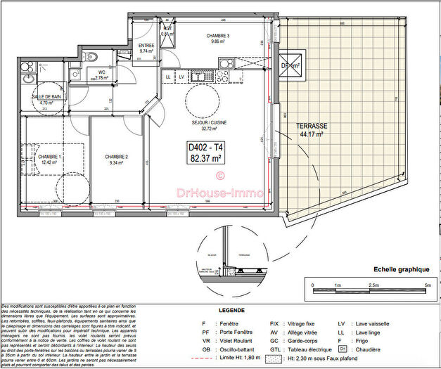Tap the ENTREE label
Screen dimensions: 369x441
tap(146, 46)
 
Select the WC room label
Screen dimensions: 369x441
tap(102, 72)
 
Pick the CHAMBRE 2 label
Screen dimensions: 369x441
tap(115, 157)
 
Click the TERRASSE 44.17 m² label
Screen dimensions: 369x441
tap(309, 129)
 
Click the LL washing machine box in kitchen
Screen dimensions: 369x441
tap(169, 76)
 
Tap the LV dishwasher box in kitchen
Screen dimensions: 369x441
tap(181, 76)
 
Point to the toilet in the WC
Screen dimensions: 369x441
tap(88, 56)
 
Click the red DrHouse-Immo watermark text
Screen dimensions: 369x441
tap(219, 192)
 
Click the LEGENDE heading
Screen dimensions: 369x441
tap(231, 309)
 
